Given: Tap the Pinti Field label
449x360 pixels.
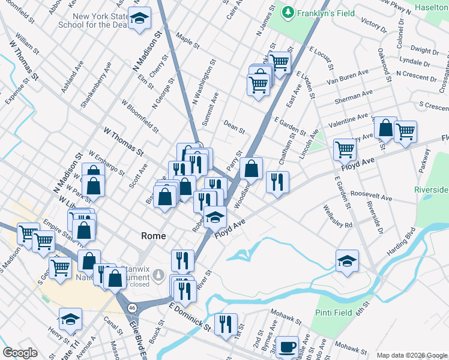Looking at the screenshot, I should (x=334, y=313).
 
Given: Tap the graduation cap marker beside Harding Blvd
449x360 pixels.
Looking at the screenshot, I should (x=347, y=260).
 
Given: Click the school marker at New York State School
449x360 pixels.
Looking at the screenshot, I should (x=140, y=20).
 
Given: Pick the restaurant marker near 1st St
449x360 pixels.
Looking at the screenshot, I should (x=226, y=324).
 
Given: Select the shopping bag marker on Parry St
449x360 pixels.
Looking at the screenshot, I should (x=252, y=169).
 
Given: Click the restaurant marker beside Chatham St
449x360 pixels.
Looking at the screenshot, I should (x=277, y=182).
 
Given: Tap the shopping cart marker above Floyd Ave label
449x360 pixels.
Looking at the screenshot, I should (x=345, y=149).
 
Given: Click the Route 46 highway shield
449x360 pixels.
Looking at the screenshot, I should (x=131, y=307).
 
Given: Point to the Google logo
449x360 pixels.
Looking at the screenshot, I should (x=20, y=353).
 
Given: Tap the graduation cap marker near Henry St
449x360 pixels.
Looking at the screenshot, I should (x=71, y=319).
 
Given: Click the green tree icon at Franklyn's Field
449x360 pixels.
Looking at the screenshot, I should (x=289, y=12).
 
